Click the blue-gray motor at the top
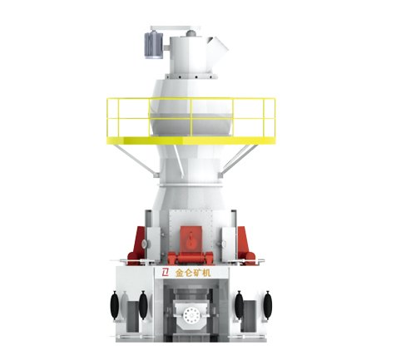[x=154, y=45]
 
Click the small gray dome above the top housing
[x=191, y=33]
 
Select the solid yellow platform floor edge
[x=191, y=141]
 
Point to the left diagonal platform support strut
[x=135, y=160]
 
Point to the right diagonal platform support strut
[x=238, y=160]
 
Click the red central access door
[x=191, y=239]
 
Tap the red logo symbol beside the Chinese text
[x=166, y=273]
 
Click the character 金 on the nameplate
[x=180, y=273]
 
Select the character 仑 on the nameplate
[x=189, y=273]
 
